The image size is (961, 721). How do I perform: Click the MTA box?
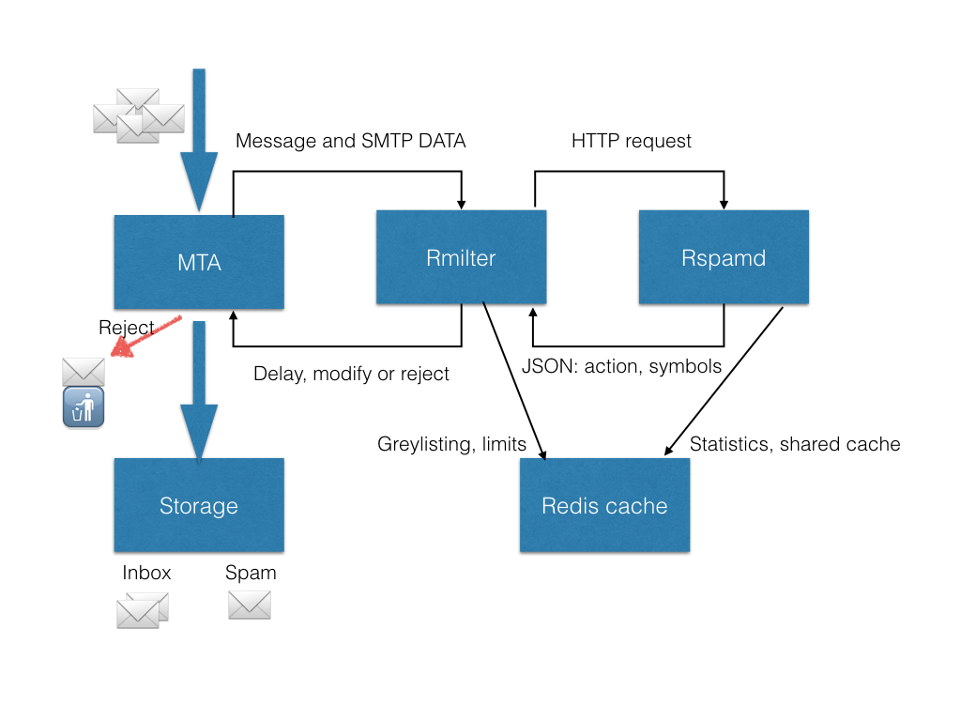coord(199,262)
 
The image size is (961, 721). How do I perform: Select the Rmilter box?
coord(461,257)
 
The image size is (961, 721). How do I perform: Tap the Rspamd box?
coord(724,257)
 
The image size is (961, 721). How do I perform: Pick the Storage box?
coord(199,505)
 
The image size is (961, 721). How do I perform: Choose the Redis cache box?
coord(605,505)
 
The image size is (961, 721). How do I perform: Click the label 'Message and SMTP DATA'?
coord(351,141)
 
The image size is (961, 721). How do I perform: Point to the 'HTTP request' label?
coord(632,141)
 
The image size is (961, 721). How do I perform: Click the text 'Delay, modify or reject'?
coord(351,374)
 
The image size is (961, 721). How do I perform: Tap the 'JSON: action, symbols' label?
coord(621,366)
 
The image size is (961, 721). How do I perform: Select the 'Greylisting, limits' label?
coord(451,444)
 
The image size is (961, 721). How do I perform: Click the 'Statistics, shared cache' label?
coord(795,444)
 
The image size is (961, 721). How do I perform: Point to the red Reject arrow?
coord(145,336)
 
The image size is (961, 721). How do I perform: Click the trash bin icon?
coord(84,407)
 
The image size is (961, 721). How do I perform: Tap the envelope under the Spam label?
coord(250,606)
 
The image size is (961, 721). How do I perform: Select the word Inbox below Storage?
coord(146,573)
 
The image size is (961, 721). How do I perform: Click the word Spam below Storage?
coord(251,574)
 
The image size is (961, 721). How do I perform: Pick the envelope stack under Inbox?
coord(143,610)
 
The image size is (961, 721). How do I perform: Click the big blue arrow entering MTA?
coord(199,141)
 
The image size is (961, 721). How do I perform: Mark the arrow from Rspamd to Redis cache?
coord(724,381)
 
